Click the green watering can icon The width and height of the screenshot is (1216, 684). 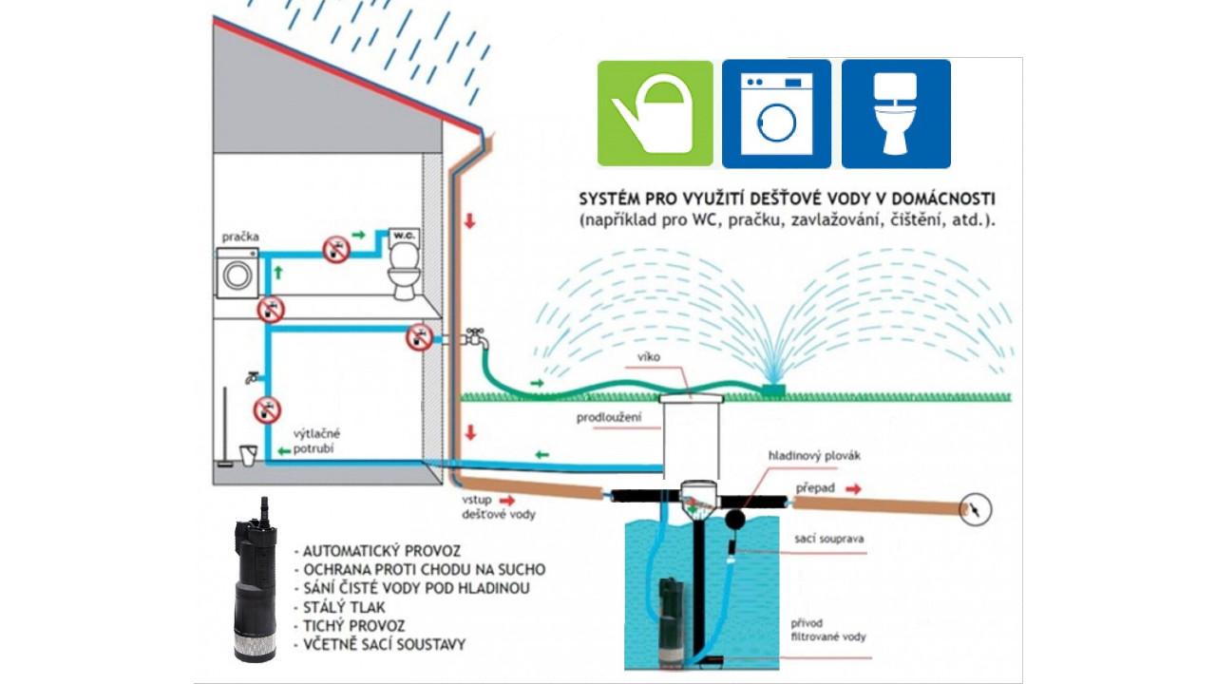(x=655, y=113)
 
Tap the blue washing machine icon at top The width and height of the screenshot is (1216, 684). (x=776, y=113)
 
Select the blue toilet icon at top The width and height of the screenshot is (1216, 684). (x=896, y=113)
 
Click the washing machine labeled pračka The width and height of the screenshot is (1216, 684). (x=237, y=275)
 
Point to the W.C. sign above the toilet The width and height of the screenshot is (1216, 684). (x=403, y=234)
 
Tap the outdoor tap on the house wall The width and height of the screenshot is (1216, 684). (x=475, y=337)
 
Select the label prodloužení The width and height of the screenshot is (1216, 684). (x=609, y=417)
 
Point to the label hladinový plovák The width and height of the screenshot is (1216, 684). (x=814, y=456)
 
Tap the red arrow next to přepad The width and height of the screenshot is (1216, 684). (x=855, y=489)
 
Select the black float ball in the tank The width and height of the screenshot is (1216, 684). (x=736, y=519)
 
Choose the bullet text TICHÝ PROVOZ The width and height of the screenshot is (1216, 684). (x=354, y=626)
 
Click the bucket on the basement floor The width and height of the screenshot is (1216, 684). (x=248, y=455)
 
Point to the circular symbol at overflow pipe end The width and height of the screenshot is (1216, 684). (x=975, y=509)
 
